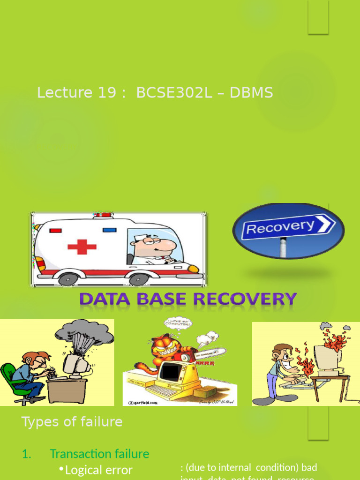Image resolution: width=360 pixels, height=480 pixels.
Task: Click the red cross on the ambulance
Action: [82, 247]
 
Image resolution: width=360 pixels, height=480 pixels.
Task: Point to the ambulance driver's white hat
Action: [142, 238]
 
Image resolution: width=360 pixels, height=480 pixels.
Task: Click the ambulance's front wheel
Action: [139, 279]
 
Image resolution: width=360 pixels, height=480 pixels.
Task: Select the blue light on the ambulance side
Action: [109, 230]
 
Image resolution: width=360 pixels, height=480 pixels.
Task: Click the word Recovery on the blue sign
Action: [280, 228]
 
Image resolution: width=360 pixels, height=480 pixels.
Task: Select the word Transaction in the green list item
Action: [79, 454]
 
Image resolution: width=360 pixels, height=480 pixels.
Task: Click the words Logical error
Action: [99, 470]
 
